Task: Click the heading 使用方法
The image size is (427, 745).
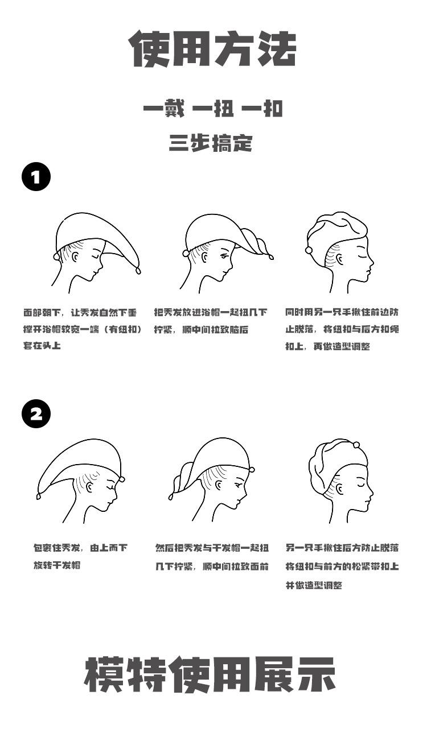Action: (x=213, y=50)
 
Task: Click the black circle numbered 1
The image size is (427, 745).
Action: (x=36, y=177)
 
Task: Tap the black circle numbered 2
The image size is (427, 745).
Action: (x=36, y=414)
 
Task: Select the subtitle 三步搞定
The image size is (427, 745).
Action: (x=210, y=143)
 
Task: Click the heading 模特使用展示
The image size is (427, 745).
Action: (x=210, y=675)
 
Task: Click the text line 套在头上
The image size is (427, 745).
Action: (x=42, y=345)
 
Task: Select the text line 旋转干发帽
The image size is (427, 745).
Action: (x=56, y=565)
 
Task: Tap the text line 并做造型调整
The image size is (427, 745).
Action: (x=314, y=585)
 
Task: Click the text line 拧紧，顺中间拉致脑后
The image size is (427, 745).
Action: (x=201, y=329)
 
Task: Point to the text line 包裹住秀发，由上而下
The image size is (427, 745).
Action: (x=80, y=548)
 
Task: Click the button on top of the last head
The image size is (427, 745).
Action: (x=356, y=445)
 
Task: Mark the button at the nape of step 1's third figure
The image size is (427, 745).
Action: (x=309, y=250)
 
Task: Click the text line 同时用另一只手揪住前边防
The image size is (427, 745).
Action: (x=342, y=312)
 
